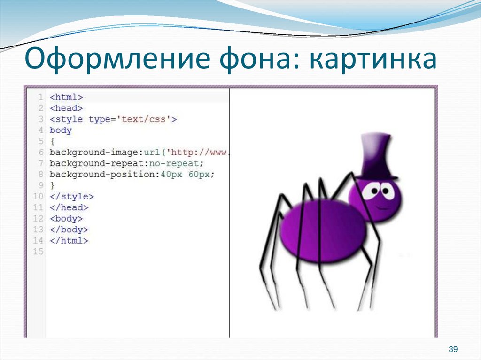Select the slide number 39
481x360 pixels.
tap(453, 349)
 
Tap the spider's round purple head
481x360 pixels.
tap(375, 199)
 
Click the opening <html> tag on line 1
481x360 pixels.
tap(66, 97)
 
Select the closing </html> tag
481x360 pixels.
tap(69, 241)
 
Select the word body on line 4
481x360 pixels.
tap(61, 130)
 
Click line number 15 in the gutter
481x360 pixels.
tap(38, 252)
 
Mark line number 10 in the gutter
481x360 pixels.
tap(38, 197)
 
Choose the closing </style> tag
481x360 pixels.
tap(71, 197)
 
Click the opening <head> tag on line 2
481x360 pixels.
tap(66, 108)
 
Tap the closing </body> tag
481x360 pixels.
tap(69, 230)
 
